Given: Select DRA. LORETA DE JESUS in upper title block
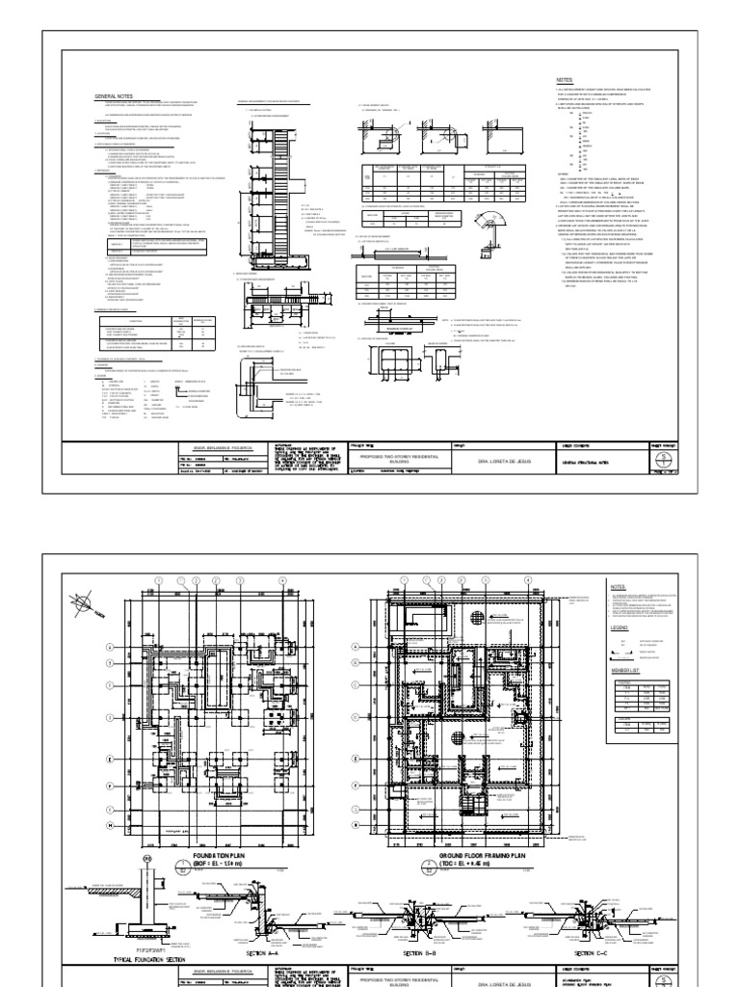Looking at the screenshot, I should point(505,462).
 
